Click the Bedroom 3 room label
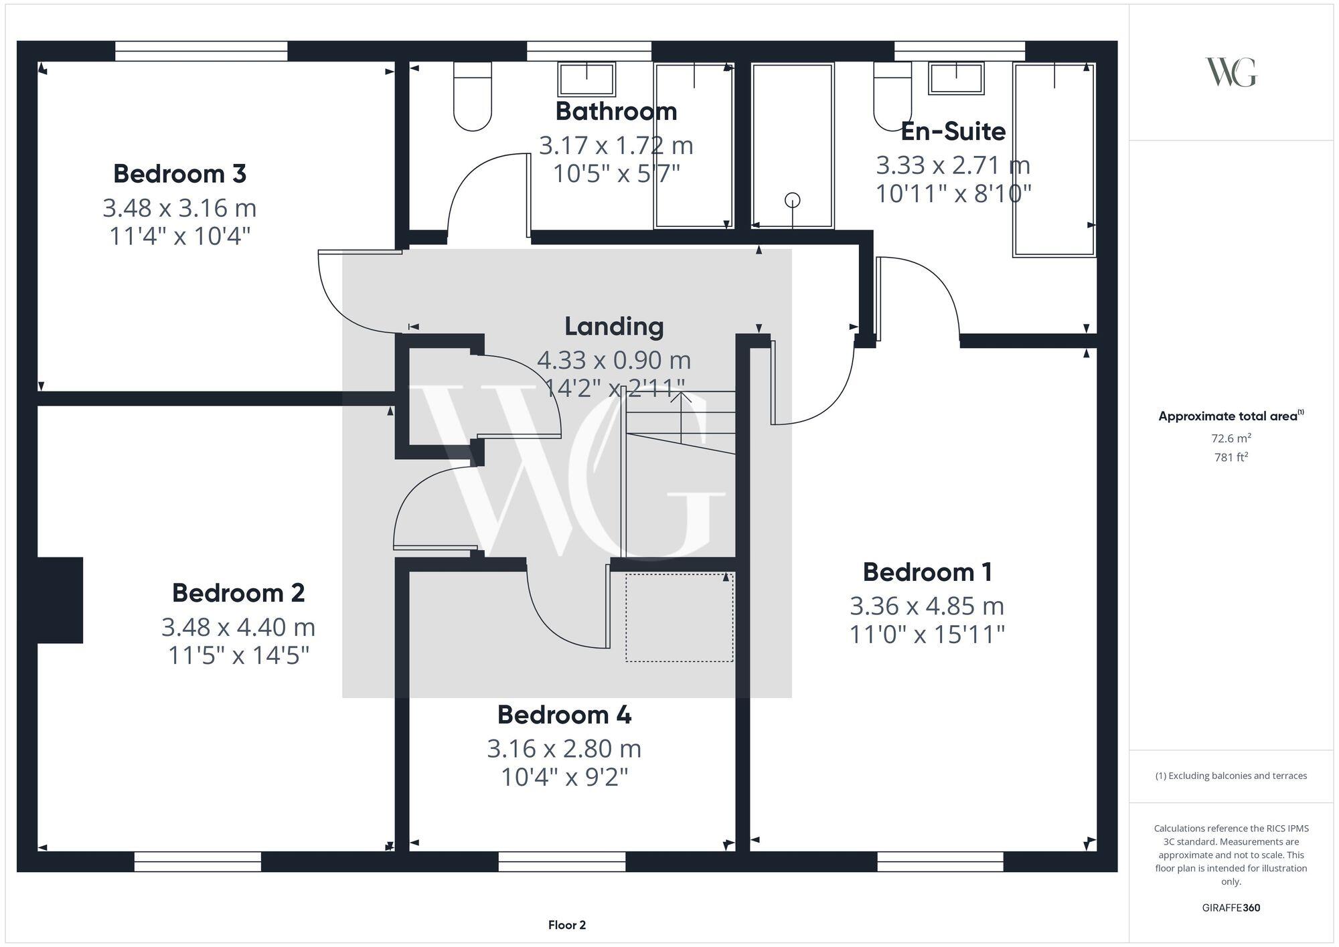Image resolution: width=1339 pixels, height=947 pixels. coord(179,174)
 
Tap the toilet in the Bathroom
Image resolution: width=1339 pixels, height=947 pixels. coord(473,97)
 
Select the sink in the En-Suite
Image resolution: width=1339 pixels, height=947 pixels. coord(956,79)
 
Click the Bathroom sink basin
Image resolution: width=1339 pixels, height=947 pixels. coord(586,80)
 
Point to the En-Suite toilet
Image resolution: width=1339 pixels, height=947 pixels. coord(892,97)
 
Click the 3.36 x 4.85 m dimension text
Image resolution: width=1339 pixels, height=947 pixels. coord(927,606)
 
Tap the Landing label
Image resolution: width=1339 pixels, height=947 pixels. coord(614,327)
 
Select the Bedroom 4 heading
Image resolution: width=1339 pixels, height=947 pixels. coord(564,715)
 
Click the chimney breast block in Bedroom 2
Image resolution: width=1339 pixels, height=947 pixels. coord(60,600)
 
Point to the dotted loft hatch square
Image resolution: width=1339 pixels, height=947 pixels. coord(680,617)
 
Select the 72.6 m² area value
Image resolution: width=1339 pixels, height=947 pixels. coord(1231,438)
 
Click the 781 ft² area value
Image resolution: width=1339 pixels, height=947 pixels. coord(1231,458)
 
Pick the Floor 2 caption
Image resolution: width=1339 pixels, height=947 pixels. coord(566,925)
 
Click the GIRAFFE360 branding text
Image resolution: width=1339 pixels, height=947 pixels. coord(1231,908)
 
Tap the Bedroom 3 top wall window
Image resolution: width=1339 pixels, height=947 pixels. coord(201,51)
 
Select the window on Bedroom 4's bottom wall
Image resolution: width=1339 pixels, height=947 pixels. coord(562,862)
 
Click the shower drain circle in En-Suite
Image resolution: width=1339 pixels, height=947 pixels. coord(793,199)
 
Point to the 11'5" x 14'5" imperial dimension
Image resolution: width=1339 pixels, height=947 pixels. coord(238,656)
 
